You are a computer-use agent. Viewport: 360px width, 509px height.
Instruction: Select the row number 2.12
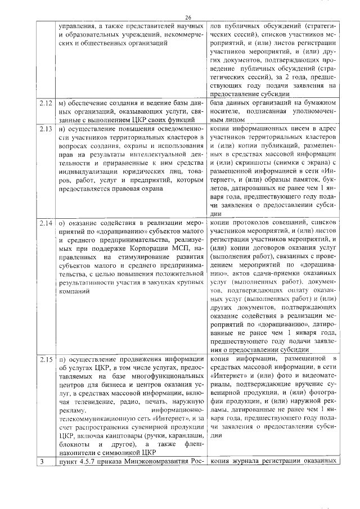pyautogui.click(x=46, y=103)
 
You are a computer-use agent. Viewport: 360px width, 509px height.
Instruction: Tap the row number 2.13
pyautogui.click(x=46, y=129)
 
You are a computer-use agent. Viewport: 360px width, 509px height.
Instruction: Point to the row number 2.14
pyautogui.click(x=46, y=223)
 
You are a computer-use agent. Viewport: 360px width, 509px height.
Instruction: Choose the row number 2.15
pyautogui.click(x=46, y=359)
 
